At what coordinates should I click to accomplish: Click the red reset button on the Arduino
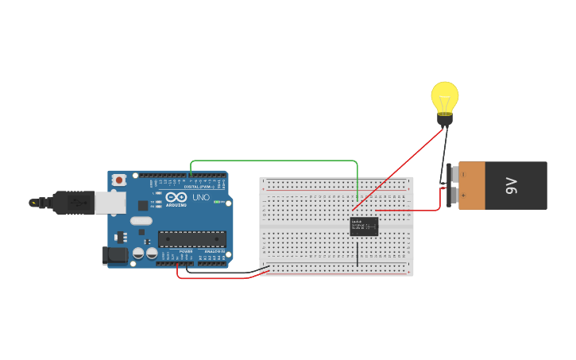(x=119, y=180)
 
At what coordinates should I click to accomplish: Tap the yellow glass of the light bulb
(x=445, y=95)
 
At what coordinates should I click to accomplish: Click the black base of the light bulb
(x=445, y=120)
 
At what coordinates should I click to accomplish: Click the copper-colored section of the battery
(x=472, y=186)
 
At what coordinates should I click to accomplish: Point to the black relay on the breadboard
(x=364, y=226)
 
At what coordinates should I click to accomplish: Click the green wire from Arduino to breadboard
(x=274, y=161)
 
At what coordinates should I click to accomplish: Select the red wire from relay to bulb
(x=397, y=169)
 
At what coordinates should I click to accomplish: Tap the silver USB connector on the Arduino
(x=110, y=203)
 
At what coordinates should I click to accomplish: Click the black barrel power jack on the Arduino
(x=114, y=255)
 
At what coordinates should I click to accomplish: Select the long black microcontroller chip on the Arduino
(x=191, y=238)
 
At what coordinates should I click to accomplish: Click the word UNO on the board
(x=201, y=197)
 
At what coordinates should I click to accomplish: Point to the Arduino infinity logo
(x=176, y=196)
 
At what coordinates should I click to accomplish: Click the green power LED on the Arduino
(x=218, y=201)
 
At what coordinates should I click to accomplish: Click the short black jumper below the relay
(x=358, y=252)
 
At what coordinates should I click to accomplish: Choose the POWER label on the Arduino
(x=186, y=251)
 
